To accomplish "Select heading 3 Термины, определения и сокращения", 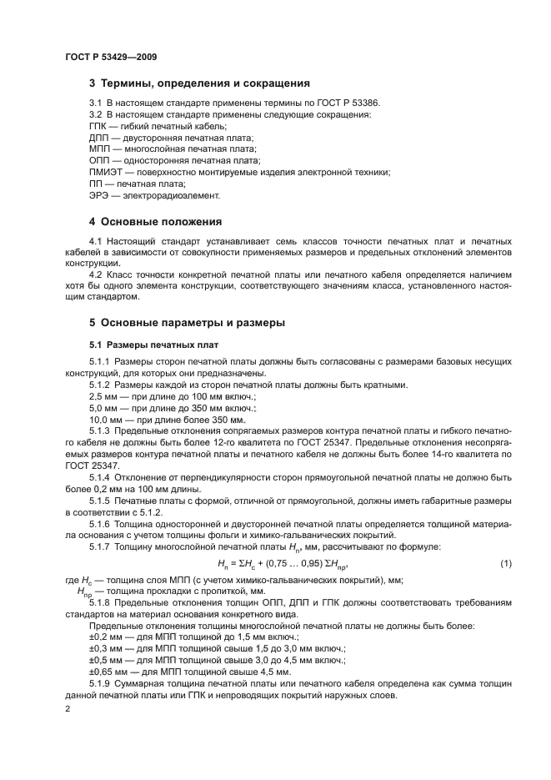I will [199, 83].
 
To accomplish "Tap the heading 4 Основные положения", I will [155, 222].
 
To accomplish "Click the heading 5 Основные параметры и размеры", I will [188, 322].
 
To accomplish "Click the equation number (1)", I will [504, 566].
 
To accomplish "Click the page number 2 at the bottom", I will [68, 708].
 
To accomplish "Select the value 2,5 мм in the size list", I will [104, 396].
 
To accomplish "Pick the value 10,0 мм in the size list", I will [107, 420].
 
